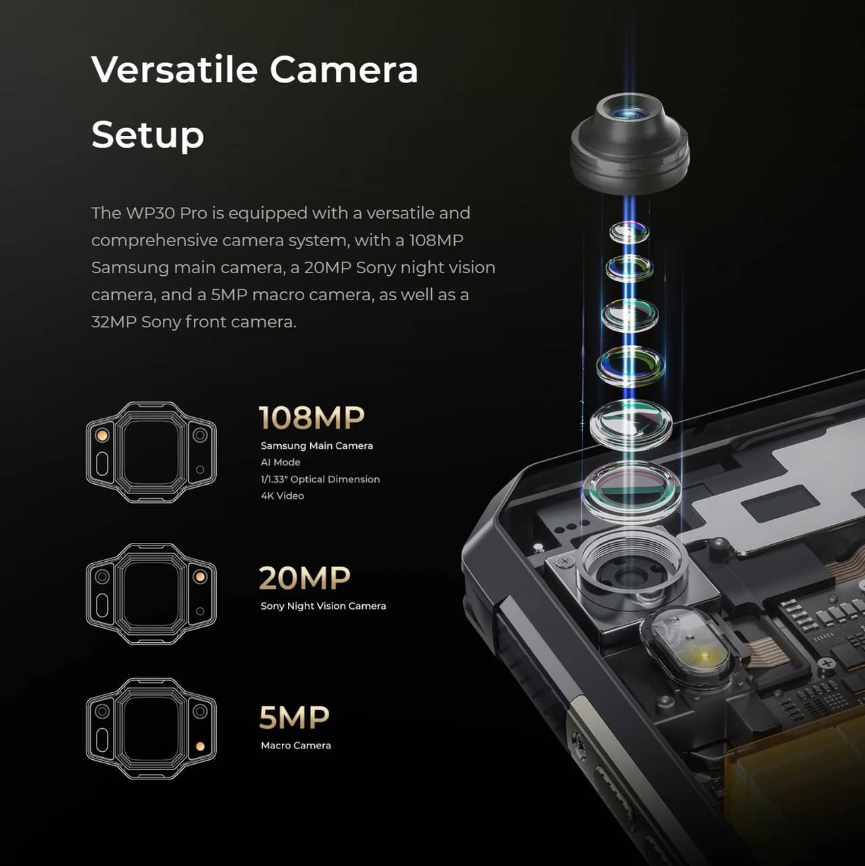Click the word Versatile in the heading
(174, 70)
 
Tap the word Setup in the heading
(147, 135)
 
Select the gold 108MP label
(312, 418)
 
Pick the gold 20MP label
(304, 577)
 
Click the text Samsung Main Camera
(317, 446)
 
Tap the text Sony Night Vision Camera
(323, 606)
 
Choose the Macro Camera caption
(296, 746)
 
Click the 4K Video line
(282, 496)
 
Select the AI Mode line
(280, 462)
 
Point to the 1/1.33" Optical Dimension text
(320, 479)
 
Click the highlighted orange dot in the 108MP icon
(102, 435)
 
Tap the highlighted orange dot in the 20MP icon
(200, 577)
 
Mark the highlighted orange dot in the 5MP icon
(201, 746)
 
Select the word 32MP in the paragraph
(114, 322)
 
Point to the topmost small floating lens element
(629, 231)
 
